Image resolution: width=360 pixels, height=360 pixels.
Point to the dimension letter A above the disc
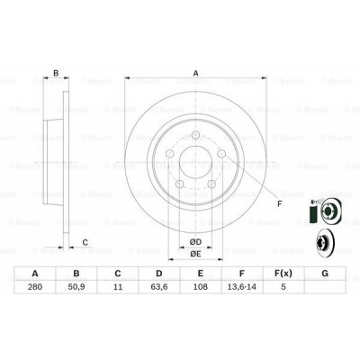(x=194, y=74)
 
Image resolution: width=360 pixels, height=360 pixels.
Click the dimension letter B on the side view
(x=56, y=74)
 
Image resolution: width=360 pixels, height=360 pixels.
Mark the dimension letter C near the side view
(x=84, y=241)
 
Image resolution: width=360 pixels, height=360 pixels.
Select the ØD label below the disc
(x=194, y=240)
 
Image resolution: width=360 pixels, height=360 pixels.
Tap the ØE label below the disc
(x=194, y=255)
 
